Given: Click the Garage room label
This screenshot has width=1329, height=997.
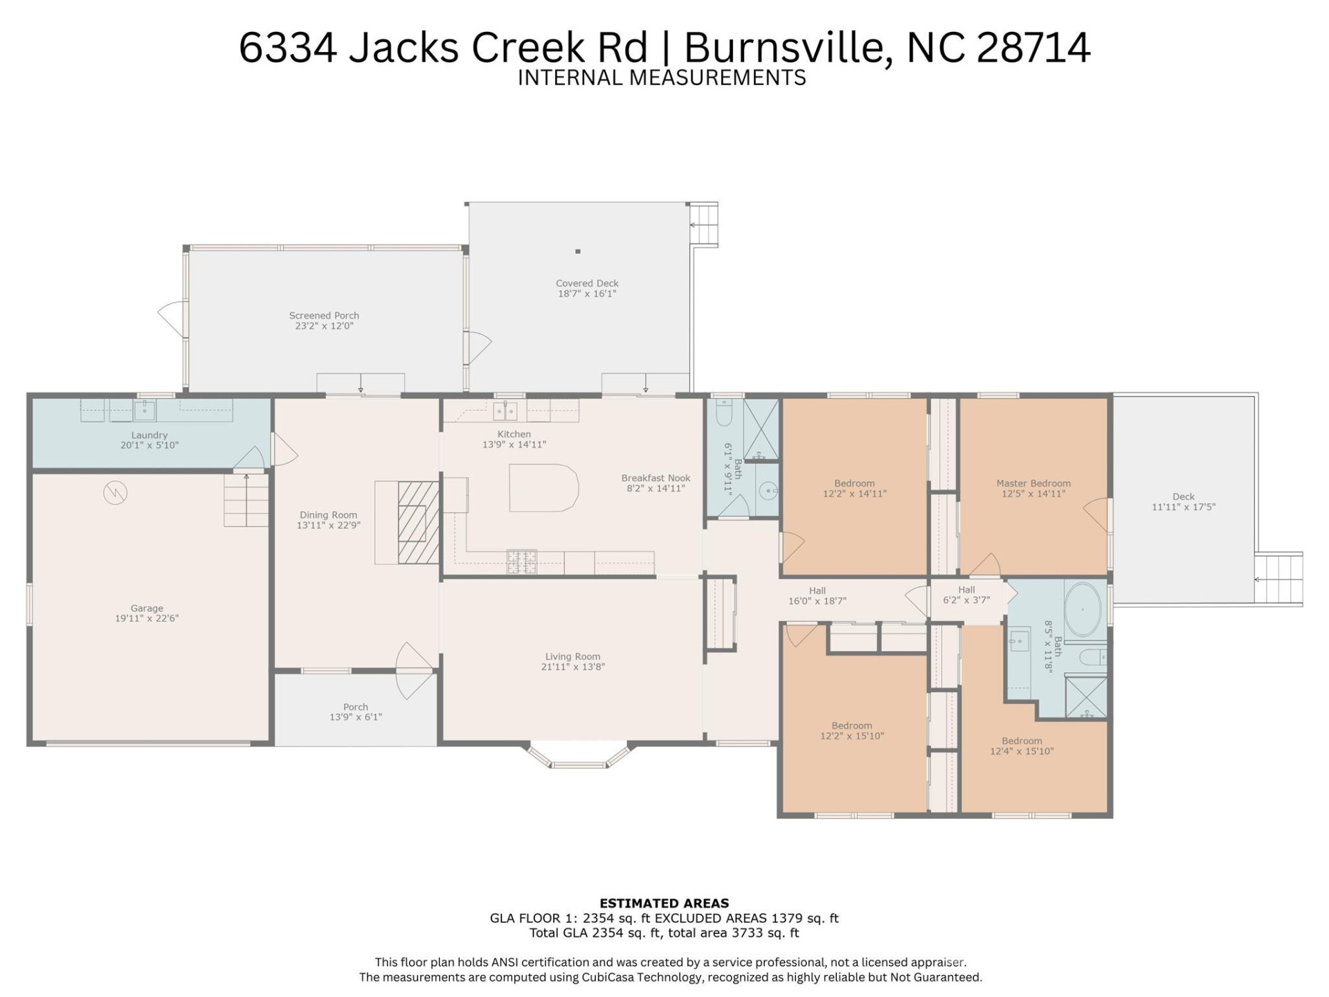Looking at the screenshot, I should (x=147, y=609).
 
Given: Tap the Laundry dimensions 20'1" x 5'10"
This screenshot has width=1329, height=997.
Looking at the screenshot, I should (x=150, y=446).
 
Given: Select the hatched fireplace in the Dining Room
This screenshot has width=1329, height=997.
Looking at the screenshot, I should (x=418, y=523).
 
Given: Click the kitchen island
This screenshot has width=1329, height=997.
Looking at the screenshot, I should (x=543, y=488).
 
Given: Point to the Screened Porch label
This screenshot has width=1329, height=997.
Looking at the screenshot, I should (x=324, y=316).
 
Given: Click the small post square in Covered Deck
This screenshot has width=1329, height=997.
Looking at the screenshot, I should (x=578, y=251).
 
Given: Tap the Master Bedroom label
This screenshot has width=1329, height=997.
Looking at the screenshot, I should (x=1033, y=483).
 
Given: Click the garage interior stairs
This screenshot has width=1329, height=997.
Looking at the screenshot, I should (x=246, y=500).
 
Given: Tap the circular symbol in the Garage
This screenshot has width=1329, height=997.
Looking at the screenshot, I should (x=116, y=493).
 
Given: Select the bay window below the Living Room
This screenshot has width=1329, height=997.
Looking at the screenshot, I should (x=579, y=757).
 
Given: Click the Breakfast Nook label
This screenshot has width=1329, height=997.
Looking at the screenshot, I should (x=656, y=478).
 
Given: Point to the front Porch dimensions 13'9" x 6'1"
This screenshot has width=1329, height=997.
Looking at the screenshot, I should (x=356, y=717).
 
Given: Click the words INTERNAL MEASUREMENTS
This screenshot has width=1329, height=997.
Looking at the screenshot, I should (x=662, y=78).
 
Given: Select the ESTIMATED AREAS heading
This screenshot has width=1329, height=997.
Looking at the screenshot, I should (x=664, y=903).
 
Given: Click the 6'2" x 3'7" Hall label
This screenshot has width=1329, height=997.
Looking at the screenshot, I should (x=966, y=600).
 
